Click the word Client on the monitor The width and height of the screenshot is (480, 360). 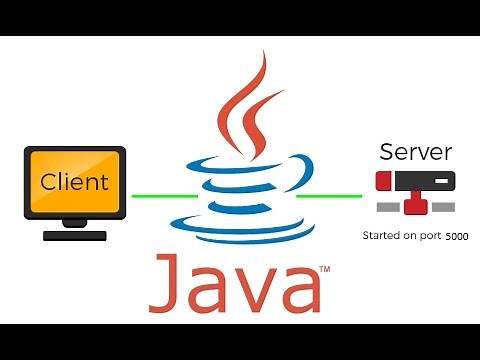[75, 182]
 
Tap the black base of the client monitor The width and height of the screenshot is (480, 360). [75, 236]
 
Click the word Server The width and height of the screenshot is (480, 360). [415, 153]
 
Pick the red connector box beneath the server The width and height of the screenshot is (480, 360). [415, 207]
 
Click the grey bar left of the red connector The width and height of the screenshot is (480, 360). [388, 208]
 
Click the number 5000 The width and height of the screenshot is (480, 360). [456, 238]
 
